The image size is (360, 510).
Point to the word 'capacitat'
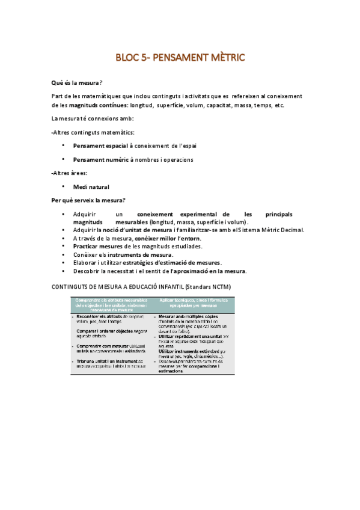221,105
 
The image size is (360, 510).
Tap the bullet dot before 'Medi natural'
63,187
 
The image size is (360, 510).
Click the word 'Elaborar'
85,262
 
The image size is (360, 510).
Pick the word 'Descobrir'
86,271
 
